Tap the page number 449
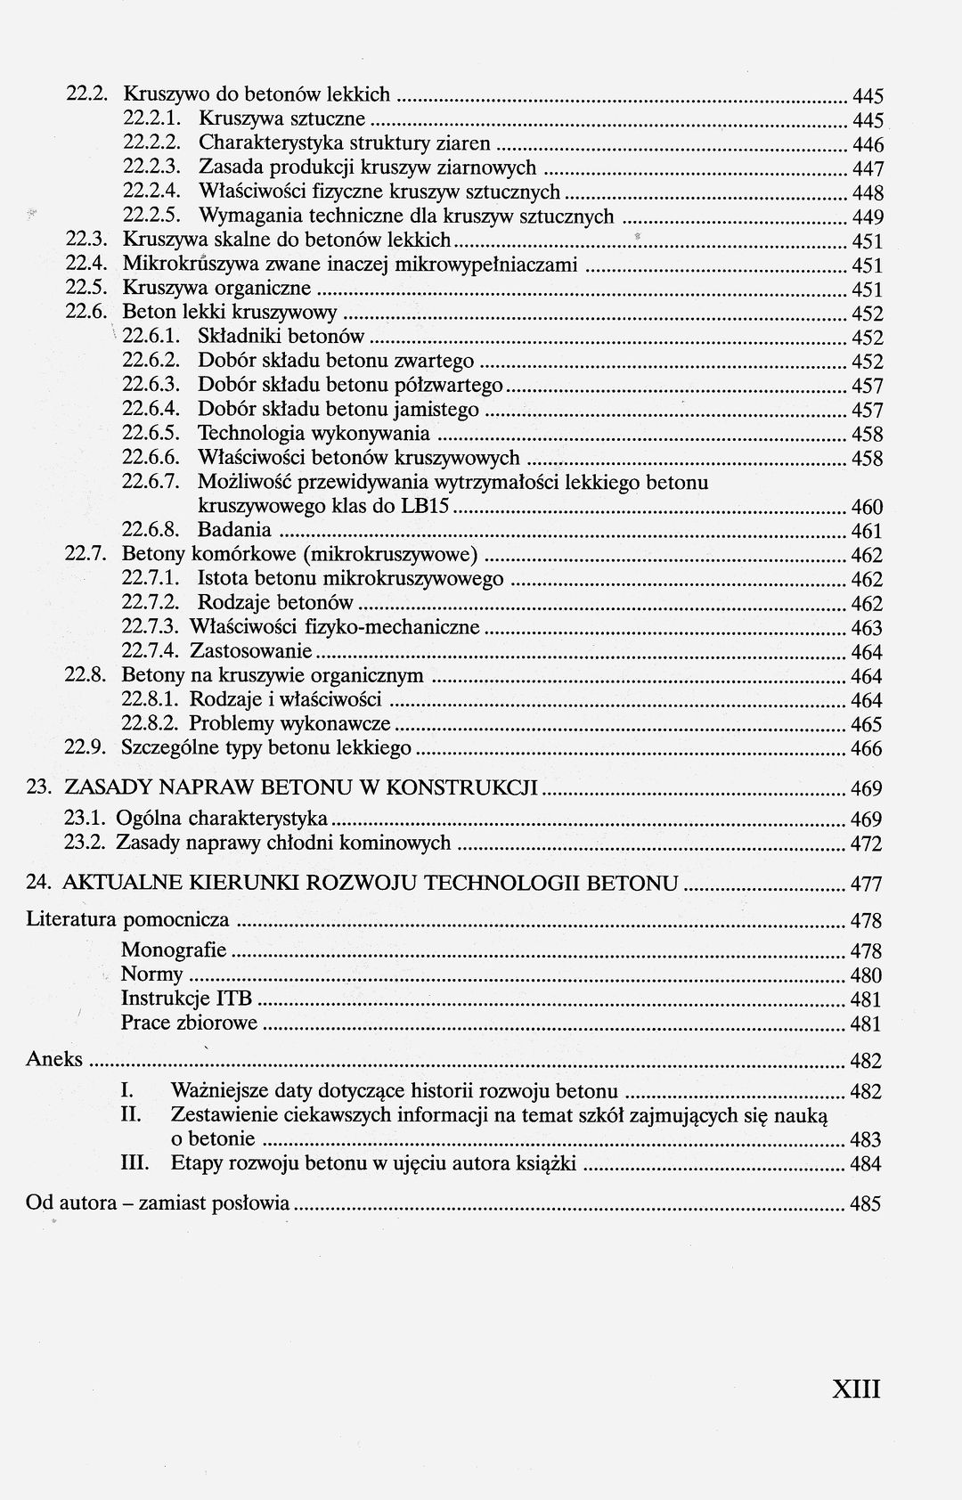[867, 217]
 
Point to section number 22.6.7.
[151, 482]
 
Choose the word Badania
[234, 531]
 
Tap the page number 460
[867, 508]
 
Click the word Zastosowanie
[251, 651]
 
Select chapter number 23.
[38, 787]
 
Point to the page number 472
[866, 844]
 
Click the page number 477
[866, 885]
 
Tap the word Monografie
[174, 950]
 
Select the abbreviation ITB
[234, 998]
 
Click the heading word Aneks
[54, 1059]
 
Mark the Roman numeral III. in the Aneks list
[134, 1162]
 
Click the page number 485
[866, 1204]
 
